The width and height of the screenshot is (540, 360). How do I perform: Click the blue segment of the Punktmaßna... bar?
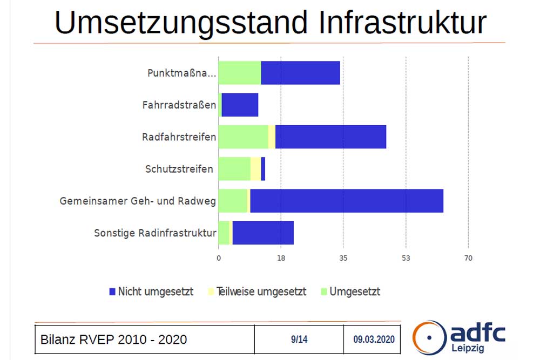click(300, 73)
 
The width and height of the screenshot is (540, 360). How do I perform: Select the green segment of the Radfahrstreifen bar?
click(243, 137)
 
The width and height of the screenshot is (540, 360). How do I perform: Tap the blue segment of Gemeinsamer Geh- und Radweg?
click(346, 201)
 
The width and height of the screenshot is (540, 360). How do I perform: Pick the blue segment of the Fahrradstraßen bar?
click(240, 105)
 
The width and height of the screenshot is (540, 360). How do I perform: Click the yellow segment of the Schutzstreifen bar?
click(255, 169)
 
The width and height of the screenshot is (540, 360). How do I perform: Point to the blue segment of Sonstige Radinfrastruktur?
click(262, 233)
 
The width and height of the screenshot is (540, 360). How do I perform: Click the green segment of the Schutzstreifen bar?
click(234, 169)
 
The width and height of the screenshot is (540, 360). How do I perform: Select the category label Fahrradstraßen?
click(179, 105)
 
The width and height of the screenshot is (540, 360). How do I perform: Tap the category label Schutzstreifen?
click(179, 169)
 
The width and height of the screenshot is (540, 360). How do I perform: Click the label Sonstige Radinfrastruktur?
click(155, 233)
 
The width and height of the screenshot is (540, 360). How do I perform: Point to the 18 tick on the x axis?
click(281, 259)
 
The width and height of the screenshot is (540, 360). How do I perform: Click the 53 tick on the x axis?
click(406, 259)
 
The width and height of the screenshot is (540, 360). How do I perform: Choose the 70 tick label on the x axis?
click(468, 259)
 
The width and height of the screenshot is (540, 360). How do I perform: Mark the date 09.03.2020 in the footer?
click(374, 339)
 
